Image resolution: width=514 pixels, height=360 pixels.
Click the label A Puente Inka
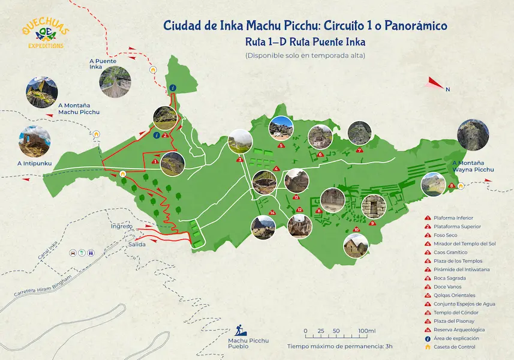point(103,64)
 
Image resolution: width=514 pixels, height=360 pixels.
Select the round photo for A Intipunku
point(33,140)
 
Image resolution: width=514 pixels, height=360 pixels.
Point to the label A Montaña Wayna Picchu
point(473,166)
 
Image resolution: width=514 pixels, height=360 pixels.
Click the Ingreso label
point(121,226)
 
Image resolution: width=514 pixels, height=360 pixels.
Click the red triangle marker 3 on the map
point(239,160)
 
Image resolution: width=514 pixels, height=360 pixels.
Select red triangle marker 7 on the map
point(359,150)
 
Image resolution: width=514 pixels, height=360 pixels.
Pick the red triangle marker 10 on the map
point(356,229)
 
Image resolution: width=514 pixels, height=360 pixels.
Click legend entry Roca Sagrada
point(447,278)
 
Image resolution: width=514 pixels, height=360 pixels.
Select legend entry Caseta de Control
point(455,347)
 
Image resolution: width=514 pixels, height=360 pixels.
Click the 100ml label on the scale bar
point(366,331)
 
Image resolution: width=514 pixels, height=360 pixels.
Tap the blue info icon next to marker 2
point(157,134)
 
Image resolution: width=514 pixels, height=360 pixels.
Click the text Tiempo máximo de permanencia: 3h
point(339,346)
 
